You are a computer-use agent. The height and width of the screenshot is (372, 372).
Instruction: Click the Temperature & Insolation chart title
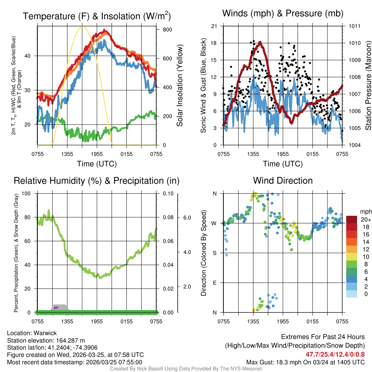(97, 16)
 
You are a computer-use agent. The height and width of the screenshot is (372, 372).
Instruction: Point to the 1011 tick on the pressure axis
(354, 26)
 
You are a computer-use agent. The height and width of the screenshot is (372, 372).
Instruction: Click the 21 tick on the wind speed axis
(214, 26)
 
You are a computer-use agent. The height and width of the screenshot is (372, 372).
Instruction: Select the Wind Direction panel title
(283, 181)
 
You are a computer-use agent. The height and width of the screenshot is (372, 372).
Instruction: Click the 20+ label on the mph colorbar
(366, 220)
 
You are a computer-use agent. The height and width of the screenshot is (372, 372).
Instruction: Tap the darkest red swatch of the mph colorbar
(352, 219)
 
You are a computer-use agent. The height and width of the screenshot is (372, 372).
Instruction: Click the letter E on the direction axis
(214, 283)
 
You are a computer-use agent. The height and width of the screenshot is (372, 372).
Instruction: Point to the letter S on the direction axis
(214, 253)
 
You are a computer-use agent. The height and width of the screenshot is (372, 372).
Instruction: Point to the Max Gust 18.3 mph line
(306, 362)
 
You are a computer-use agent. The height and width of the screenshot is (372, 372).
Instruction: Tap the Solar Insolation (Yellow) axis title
(180, 85)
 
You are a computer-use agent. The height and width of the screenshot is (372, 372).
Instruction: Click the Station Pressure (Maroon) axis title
(368, 85)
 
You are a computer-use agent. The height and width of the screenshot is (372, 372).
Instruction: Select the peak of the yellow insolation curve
(82, 27)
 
